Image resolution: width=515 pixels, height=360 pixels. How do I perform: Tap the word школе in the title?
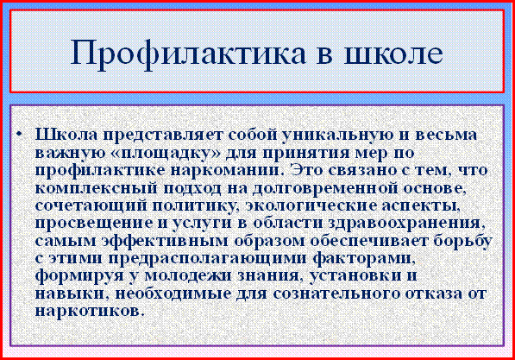[393, 53]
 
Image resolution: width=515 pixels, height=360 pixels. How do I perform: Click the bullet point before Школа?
[19, 134]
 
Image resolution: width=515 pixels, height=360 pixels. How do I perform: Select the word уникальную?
[337, 136]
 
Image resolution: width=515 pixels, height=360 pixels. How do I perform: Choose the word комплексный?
[95, 188]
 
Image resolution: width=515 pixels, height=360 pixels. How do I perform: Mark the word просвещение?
[94, 223]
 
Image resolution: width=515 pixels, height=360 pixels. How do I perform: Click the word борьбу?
[462, 241]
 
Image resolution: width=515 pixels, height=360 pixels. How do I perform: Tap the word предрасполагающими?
[208, 258]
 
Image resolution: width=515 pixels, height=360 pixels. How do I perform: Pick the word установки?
[355, 275]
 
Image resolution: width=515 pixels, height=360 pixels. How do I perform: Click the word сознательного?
[336, 294]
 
